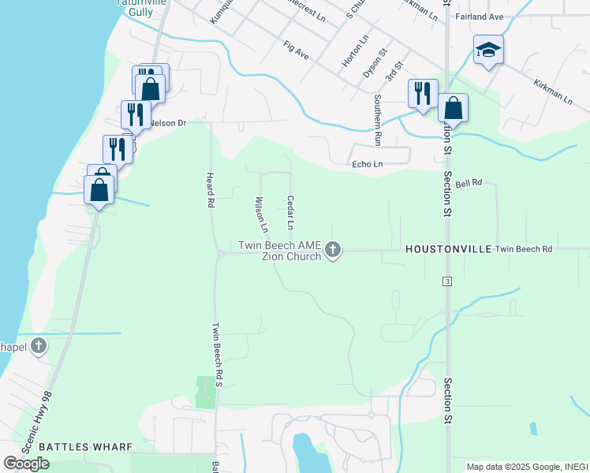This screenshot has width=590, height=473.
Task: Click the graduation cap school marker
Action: [488, 50]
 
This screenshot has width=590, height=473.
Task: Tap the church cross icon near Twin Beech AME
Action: [333, 251]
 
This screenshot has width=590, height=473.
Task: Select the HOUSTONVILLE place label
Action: [446, 249]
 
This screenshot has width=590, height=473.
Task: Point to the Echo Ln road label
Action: [367, 164]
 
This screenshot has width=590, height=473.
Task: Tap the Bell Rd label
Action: [469, 183]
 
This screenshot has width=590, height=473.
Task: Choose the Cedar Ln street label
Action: [290, 213]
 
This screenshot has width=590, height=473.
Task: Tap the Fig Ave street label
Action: [296, 51]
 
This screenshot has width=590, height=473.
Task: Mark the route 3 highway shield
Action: [447, 281]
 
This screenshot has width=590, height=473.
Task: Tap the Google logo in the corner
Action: [26, 464]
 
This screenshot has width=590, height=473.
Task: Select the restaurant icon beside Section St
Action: [422, 93]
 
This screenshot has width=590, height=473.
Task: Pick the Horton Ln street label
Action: [357, 50]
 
